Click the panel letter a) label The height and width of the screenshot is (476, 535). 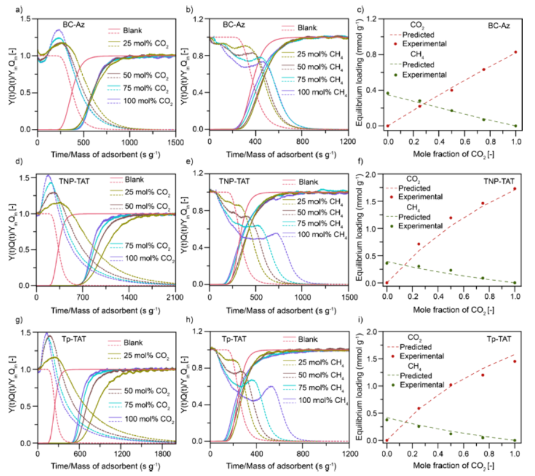19,9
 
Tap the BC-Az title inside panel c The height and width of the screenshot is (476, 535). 499,26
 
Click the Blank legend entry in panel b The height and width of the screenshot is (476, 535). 299,27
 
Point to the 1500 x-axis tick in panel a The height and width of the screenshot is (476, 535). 176,142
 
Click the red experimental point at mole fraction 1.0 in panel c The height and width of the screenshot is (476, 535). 516,52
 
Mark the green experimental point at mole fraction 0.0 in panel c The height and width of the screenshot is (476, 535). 388,93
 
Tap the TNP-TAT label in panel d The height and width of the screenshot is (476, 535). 74,181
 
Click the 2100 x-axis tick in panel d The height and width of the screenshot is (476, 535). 175,298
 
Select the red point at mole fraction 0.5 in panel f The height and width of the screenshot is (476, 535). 450,218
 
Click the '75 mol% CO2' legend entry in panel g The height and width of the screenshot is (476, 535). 139,406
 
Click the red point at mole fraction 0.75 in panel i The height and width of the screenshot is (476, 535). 483,375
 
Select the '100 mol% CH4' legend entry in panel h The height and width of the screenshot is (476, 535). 316,401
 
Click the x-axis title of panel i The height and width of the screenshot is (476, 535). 453,466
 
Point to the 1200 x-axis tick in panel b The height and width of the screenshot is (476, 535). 348,142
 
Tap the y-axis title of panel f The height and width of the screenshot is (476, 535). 359,228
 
